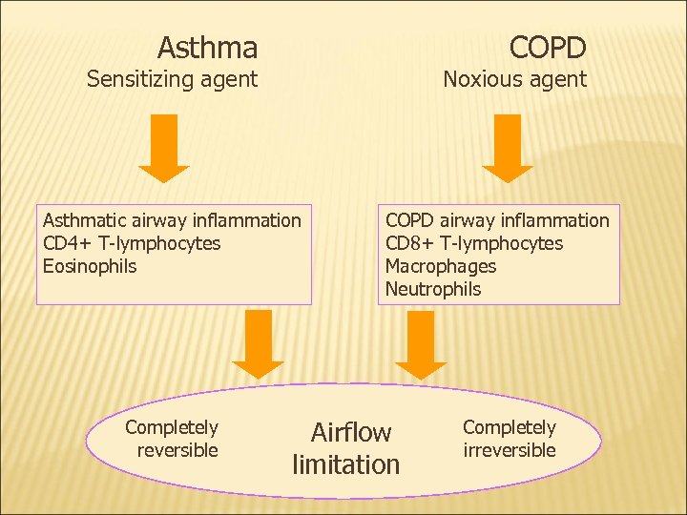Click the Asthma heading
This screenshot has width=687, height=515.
pos(207,47)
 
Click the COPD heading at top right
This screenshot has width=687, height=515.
pos(547,47)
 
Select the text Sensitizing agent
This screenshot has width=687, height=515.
pos(172,79)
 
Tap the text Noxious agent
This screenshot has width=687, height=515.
pos(514,79)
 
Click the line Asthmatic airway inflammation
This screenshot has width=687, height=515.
pos(172,220)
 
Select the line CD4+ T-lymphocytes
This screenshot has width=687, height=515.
pos(132,243)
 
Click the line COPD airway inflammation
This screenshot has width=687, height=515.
pos(497,220)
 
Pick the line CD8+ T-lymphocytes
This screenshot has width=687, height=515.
pos(474,243)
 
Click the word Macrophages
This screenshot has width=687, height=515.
pos(441,266)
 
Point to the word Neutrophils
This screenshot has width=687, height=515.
pos(433,289)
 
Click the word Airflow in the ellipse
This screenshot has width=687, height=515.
pos(351,433)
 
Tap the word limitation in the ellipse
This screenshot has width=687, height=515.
pos(345,465)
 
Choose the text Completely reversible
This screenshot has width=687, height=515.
pos(172,439)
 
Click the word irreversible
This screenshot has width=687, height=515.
pos(510,450)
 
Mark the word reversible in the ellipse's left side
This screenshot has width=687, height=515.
pos(177,450)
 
